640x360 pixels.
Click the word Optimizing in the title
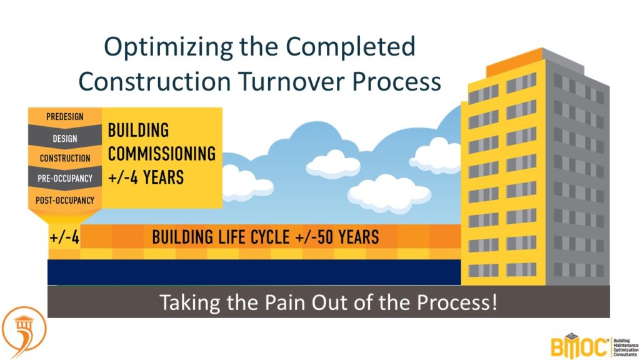[x=168, y=47]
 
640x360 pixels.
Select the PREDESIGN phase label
[x=65, y=117]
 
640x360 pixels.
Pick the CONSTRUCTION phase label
[x=65, y=158]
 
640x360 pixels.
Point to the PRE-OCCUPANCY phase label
[x=65, y=178]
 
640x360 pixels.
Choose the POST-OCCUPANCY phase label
[x=65, y=201]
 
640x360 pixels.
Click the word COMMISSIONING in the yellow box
[x=162, y=154]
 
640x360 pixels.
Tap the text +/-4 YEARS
[x=146, y=177]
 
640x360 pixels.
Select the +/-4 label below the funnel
[x=64, y=237]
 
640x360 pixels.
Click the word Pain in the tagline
[x=285, y=302]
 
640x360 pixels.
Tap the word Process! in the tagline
[x=457, y=302]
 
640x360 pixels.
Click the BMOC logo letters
[x=579, y=346]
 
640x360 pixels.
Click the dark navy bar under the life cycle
[x=254, y=272]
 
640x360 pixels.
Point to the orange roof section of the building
[x=514, y=62]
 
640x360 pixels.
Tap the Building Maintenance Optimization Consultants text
[x=626, y=347]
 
